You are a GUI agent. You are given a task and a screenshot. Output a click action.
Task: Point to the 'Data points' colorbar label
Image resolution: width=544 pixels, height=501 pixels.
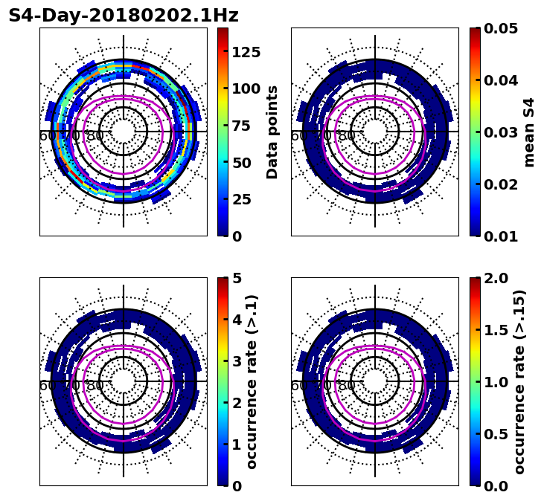pos(272,132)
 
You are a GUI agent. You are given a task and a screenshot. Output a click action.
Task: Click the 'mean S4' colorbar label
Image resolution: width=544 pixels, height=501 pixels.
pos(529,132)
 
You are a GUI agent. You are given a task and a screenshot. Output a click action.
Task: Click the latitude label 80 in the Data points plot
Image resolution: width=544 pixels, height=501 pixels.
pos(95,136)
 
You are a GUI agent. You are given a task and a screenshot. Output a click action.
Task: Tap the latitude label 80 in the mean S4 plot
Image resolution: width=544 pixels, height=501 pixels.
pos(347,136)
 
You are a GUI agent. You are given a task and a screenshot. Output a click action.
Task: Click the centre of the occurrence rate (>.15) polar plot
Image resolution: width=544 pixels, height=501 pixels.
pos(375,381)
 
